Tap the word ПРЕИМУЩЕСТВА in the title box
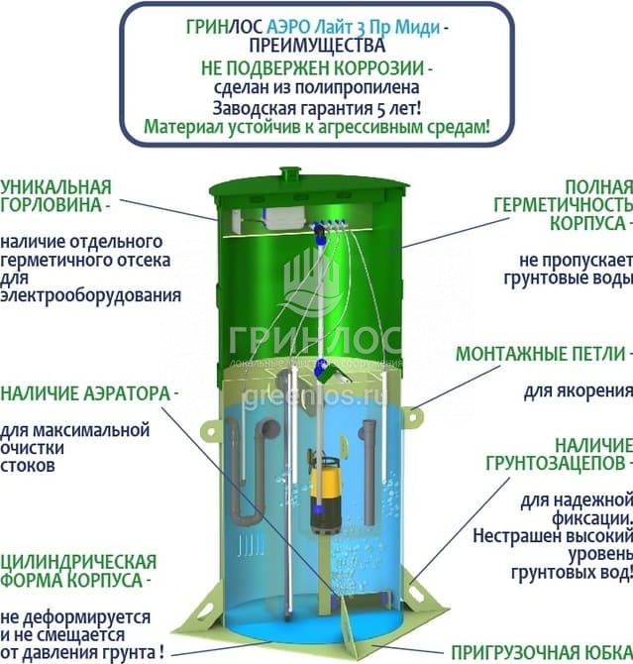[317, 46]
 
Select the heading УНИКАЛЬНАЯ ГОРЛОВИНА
[55, 196]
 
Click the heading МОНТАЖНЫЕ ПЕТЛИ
[541, 354]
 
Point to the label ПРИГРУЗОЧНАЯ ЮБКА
[542, 653]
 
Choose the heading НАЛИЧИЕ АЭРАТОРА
[85, 393]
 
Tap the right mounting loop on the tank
[412, 416]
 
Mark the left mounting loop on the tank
[211, 432]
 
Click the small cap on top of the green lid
[290, 173]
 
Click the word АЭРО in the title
[288, 28]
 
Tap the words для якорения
[578, 390]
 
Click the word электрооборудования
[90, 295]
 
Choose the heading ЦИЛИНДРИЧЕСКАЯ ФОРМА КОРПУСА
[78, 571]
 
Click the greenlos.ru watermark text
[315, 396]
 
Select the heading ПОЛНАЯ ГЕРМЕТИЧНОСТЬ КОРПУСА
[563, 205]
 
